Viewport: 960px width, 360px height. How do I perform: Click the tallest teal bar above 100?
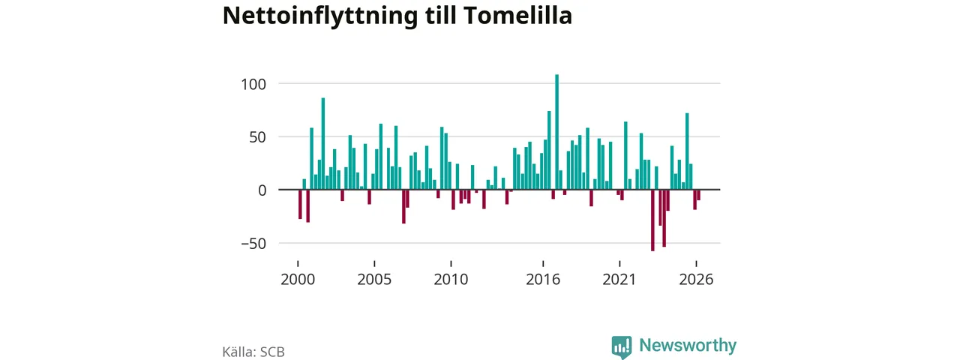[x=556, y=132]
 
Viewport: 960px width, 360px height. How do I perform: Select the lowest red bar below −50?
[x=652, y=220]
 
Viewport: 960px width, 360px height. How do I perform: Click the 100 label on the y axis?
[x=253, y=85]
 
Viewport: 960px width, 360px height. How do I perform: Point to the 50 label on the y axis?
[x=257, y=137]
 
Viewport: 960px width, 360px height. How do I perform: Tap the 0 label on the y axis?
[x=262, y=190]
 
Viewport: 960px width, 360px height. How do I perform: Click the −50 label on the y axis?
[x=253, y=244]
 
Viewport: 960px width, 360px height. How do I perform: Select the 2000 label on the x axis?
[x=298, y=280]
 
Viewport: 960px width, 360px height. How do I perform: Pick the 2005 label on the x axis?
[x=374, y=280]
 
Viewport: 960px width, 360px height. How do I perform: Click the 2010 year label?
[x=451, y=280]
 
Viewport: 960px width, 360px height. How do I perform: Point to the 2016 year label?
[x=543, y=280]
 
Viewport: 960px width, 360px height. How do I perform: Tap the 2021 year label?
[x=619, y=280]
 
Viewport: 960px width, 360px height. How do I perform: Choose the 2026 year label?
[x=697, y=280]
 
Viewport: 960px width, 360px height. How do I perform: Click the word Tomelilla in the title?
[x=517, y=16]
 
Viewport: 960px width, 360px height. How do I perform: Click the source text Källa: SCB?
[x=253, y=352]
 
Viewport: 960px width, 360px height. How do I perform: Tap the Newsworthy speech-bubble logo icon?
[x=622, y=347]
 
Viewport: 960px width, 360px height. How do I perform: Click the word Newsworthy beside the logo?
[x=688, y=346]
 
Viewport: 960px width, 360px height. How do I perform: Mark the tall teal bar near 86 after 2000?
[x=323, y=143]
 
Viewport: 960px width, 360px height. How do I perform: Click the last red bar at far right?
[x=698, y=195]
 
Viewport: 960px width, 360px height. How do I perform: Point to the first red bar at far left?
[x=300, y=204]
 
